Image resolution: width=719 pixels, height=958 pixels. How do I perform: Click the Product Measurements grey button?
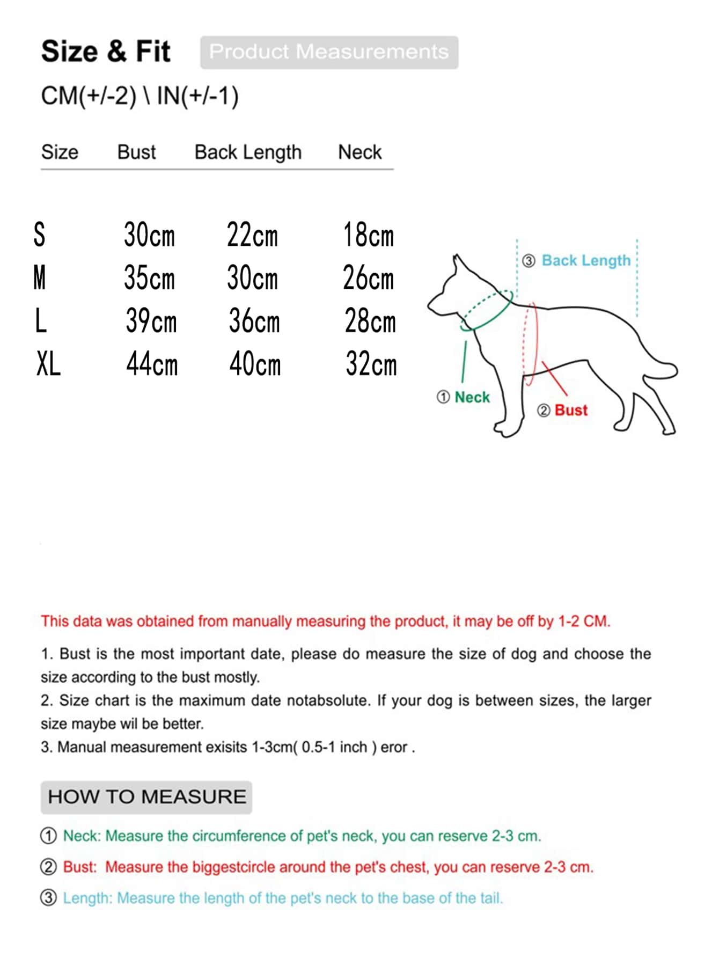329,52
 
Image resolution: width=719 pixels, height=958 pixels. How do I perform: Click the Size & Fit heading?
106,52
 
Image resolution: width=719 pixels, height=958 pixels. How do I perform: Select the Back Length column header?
248,152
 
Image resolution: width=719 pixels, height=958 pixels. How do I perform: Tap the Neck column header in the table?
359,152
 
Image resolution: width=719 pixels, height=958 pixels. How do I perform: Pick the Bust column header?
136,152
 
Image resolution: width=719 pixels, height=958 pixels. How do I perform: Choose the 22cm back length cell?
252,235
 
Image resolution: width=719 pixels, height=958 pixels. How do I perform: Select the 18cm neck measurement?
368,235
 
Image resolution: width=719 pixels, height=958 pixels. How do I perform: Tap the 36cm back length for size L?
254,321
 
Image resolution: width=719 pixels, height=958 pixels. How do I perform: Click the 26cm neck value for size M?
368,278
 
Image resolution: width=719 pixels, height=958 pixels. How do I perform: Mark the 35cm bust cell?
149,278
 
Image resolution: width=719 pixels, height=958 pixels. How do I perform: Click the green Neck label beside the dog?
472,397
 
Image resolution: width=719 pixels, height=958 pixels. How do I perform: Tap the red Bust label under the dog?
571,410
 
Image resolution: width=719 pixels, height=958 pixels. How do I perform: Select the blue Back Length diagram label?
586,261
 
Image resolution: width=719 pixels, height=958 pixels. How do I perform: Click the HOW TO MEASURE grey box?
146,797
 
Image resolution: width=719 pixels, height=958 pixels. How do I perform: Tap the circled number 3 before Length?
49,898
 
